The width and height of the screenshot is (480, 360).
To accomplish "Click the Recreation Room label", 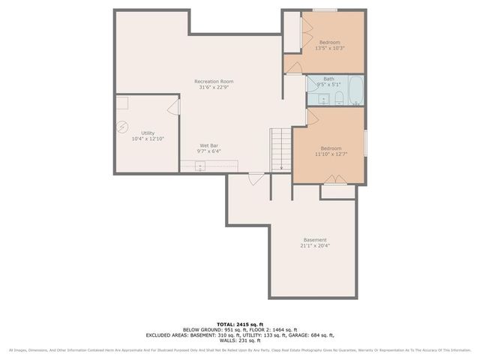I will tap(214, 81).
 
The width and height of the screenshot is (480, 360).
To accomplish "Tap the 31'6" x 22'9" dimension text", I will tap(214, 88).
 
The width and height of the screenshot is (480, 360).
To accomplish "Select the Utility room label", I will tap(148, 133).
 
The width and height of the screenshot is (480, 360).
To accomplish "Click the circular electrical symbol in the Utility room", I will tap(123, 127).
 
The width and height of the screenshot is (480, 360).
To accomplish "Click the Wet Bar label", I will tap(209, 145).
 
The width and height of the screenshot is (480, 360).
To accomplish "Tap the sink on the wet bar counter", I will tap(200, 166).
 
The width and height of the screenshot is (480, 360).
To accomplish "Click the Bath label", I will tap(328, 79).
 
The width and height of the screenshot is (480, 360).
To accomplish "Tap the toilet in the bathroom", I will tap(339, 99).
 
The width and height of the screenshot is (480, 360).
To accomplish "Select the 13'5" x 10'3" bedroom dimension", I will tap(330, 49).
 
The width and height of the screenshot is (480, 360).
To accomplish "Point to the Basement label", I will tap(315, 240).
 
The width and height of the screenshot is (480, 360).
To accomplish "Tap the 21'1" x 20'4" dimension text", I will tap(315, 246).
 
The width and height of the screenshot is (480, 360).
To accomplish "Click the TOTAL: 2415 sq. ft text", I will tap(239, 323).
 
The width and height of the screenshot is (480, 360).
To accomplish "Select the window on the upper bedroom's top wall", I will tap(324, 10).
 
